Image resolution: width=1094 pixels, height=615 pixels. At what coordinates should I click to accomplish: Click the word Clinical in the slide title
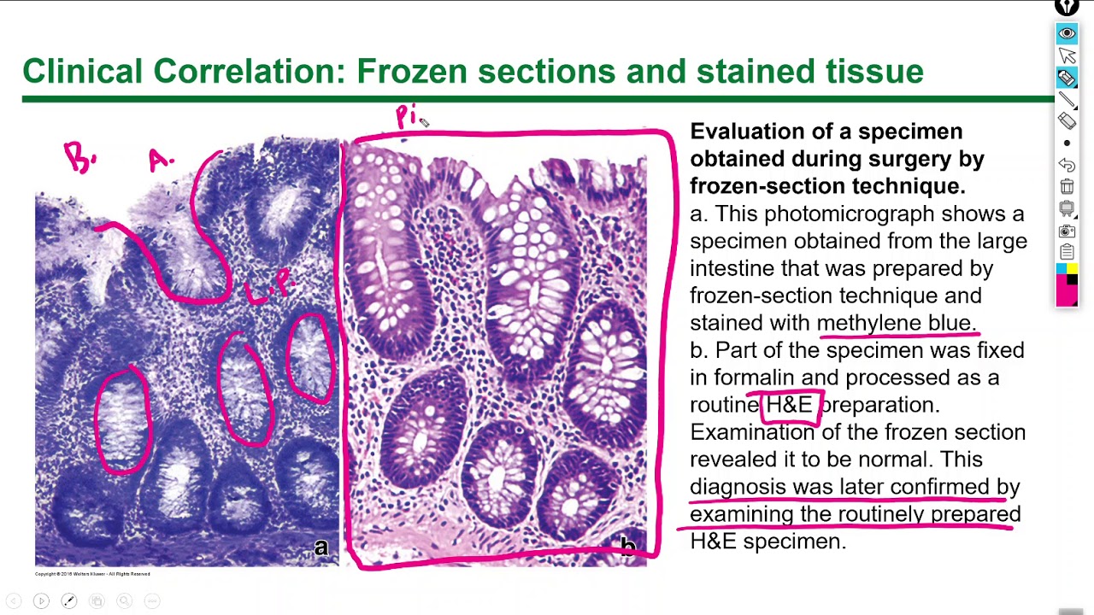click(x=82, y=71)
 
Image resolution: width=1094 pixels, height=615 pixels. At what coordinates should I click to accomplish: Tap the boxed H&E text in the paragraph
click(x=789, y=405)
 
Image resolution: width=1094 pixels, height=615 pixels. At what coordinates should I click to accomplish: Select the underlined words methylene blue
click(x=895, y=323)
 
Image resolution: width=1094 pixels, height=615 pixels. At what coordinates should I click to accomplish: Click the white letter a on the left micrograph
click(x=321, y=548)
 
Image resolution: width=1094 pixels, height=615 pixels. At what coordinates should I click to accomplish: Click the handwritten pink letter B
click(x=79, y=158)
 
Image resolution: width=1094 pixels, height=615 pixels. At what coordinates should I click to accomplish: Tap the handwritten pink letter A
click(x=160, y=161)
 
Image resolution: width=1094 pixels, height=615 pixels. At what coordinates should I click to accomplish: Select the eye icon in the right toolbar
click(x=1067, y=33)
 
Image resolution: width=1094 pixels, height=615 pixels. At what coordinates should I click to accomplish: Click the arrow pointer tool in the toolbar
click(x=1067, y=56)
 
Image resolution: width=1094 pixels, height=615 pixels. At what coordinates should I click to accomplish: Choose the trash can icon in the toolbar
click(x=1067, y=186)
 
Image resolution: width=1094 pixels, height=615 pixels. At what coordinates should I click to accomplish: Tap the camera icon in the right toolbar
click(x=1067, y=231)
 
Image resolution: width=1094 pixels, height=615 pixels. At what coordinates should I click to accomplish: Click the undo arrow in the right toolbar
click(x=1067, y=164)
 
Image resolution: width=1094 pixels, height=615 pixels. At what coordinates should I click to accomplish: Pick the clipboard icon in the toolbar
click(x=1067, y=252)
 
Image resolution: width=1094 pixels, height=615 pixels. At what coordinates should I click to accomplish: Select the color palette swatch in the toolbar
click(x=1067, y=284)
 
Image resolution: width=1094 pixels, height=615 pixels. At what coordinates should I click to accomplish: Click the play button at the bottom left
click(x=41, y=601)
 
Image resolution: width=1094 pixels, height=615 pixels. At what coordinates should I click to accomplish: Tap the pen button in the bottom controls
click(x=69, y=601)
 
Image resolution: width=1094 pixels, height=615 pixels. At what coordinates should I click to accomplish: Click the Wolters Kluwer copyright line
click(x=92, y=574)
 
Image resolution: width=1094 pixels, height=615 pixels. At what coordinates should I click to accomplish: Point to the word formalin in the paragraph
click(x=753, y=378)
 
